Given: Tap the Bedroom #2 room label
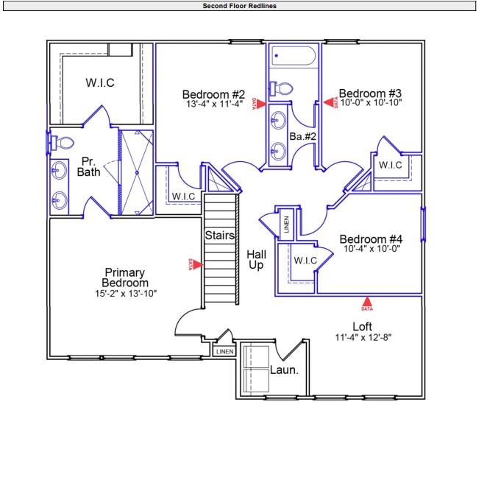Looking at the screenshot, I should click(x=213, y=94).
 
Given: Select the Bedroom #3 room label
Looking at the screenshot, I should click(x=369, y=93).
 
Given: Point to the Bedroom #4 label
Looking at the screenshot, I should click(x=371, y=239).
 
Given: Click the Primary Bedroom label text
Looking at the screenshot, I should click(x=126, y=278).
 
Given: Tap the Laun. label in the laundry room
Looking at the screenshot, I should click(x=284, y=370).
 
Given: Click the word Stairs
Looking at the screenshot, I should click(x=219, y=236).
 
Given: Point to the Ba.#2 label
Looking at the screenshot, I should click(x=302, y=136).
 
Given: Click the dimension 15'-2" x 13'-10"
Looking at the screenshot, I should click(x=126, y=293).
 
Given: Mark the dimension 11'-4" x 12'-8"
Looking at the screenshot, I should click(x=363, y=339).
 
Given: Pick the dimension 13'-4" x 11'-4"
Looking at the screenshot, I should click(x=213, y=105).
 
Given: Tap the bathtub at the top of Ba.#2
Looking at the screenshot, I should click(x=293, y=56).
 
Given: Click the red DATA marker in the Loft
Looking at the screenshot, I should click(x=367, y=301).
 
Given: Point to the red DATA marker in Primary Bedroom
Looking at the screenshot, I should click(x=190, y=264).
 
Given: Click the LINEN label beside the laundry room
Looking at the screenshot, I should click(x=224, y=352).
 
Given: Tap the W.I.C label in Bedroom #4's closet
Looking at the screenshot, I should click(x=305, y=261).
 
